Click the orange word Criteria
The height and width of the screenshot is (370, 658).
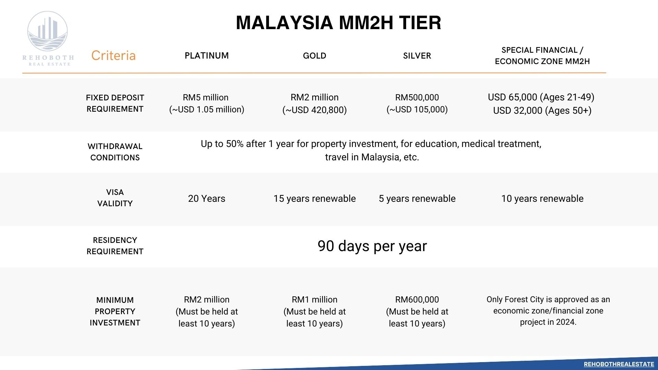(x=113, y=56)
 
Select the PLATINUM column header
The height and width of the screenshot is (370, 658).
(x=207, y=56)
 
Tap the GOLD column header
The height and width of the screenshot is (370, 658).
(x=314, y=56)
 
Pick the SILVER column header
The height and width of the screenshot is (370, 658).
(x=417, y=56)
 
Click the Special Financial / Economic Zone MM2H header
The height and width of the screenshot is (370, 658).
(x=542, y=56)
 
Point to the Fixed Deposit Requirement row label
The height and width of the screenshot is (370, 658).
(x=115, y=103)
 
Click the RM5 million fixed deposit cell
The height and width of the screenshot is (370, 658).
(x=206, y=103)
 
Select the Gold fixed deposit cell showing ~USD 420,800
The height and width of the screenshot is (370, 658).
(x=314, y=104)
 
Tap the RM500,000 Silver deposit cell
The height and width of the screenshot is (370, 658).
(x=417, y=103)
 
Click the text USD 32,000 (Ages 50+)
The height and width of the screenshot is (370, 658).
(x=542, y=111)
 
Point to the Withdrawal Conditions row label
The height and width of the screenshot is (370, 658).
(x=115, y=152)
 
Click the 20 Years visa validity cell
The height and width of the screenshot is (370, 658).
(x=207, y=199)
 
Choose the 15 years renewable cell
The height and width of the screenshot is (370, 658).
(x=314, y=199)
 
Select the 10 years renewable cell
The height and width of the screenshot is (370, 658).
(x=542, y=199)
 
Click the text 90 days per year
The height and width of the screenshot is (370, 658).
(x=372, y=246)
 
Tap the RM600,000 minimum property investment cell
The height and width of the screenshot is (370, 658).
(x=417, y=311)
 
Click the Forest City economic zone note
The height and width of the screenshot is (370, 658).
(x=548, y=311)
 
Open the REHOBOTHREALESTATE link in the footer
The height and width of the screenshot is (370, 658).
(x=619, y=364)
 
